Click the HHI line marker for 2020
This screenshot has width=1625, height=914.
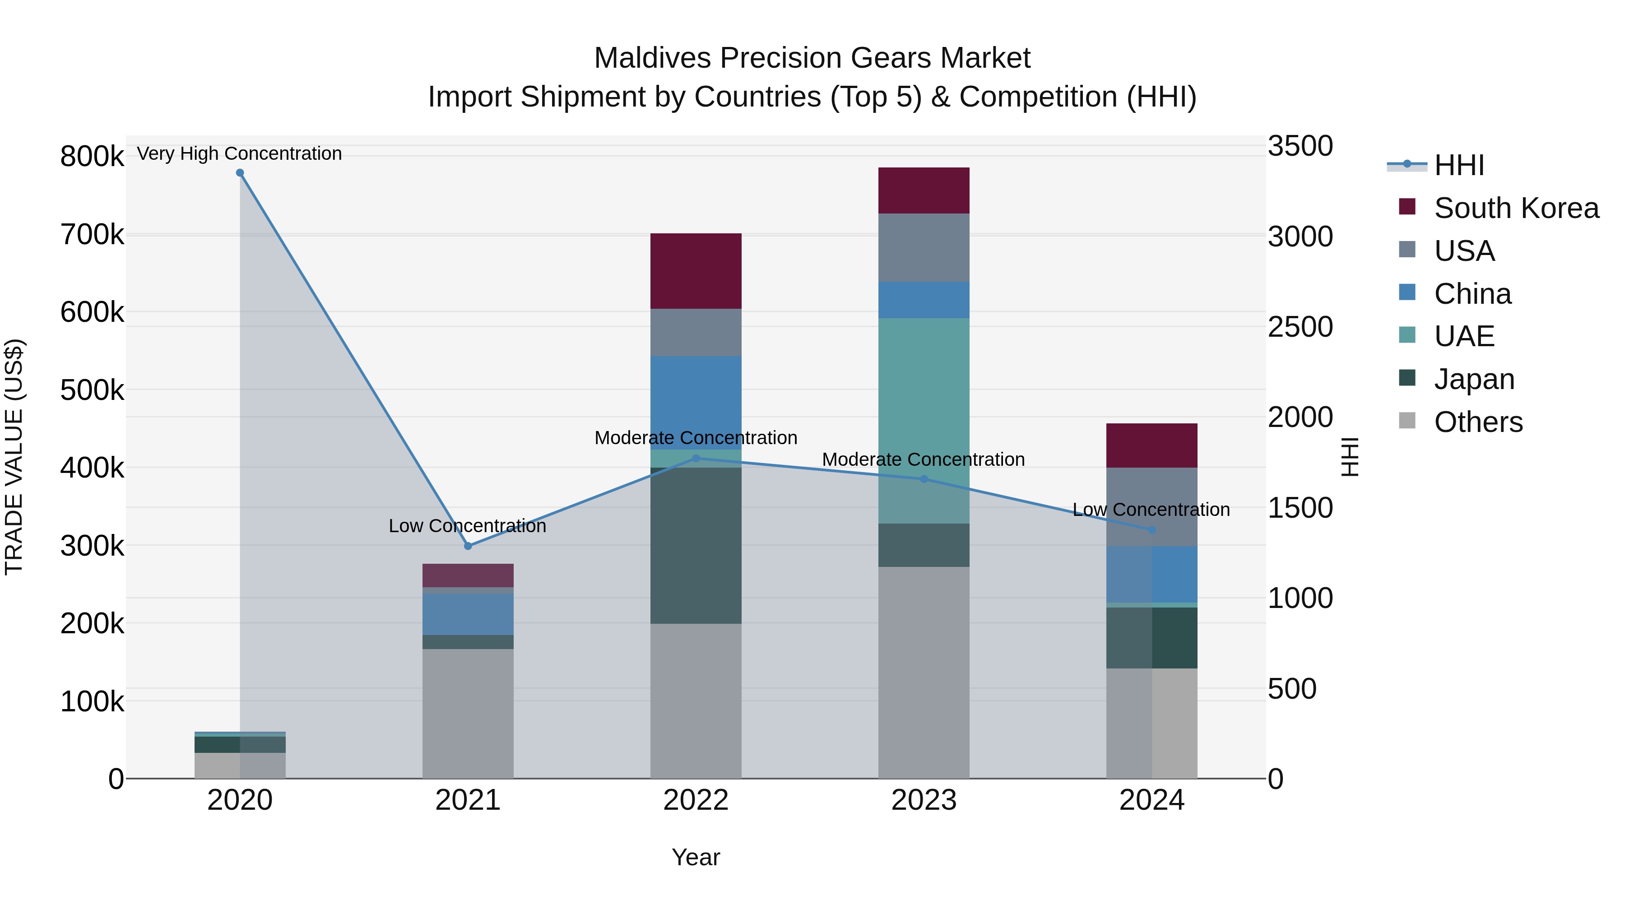[240, 173]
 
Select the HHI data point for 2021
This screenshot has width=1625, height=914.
[468, 546]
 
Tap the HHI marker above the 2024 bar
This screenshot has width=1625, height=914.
[1152, 530]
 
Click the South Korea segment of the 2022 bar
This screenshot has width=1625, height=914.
[696, 271]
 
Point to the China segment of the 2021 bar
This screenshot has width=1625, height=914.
[468, 613]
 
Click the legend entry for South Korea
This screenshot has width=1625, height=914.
[1516, 208]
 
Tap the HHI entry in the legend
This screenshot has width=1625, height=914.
[1458, 165]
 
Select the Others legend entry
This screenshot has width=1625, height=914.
[1478, 422]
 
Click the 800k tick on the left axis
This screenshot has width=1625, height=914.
[92, 157]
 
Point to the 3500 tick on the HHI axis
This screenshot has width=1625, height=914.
[1300, 146]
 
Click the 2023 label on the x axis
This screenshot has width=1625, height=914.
[924, 800]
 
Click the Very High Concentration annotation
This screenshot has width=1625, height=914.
[239, 153]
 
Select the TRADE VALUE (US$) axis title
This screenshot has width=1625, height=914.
[14, 457]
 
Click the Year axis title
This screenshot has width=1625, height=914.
[696, 857]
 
